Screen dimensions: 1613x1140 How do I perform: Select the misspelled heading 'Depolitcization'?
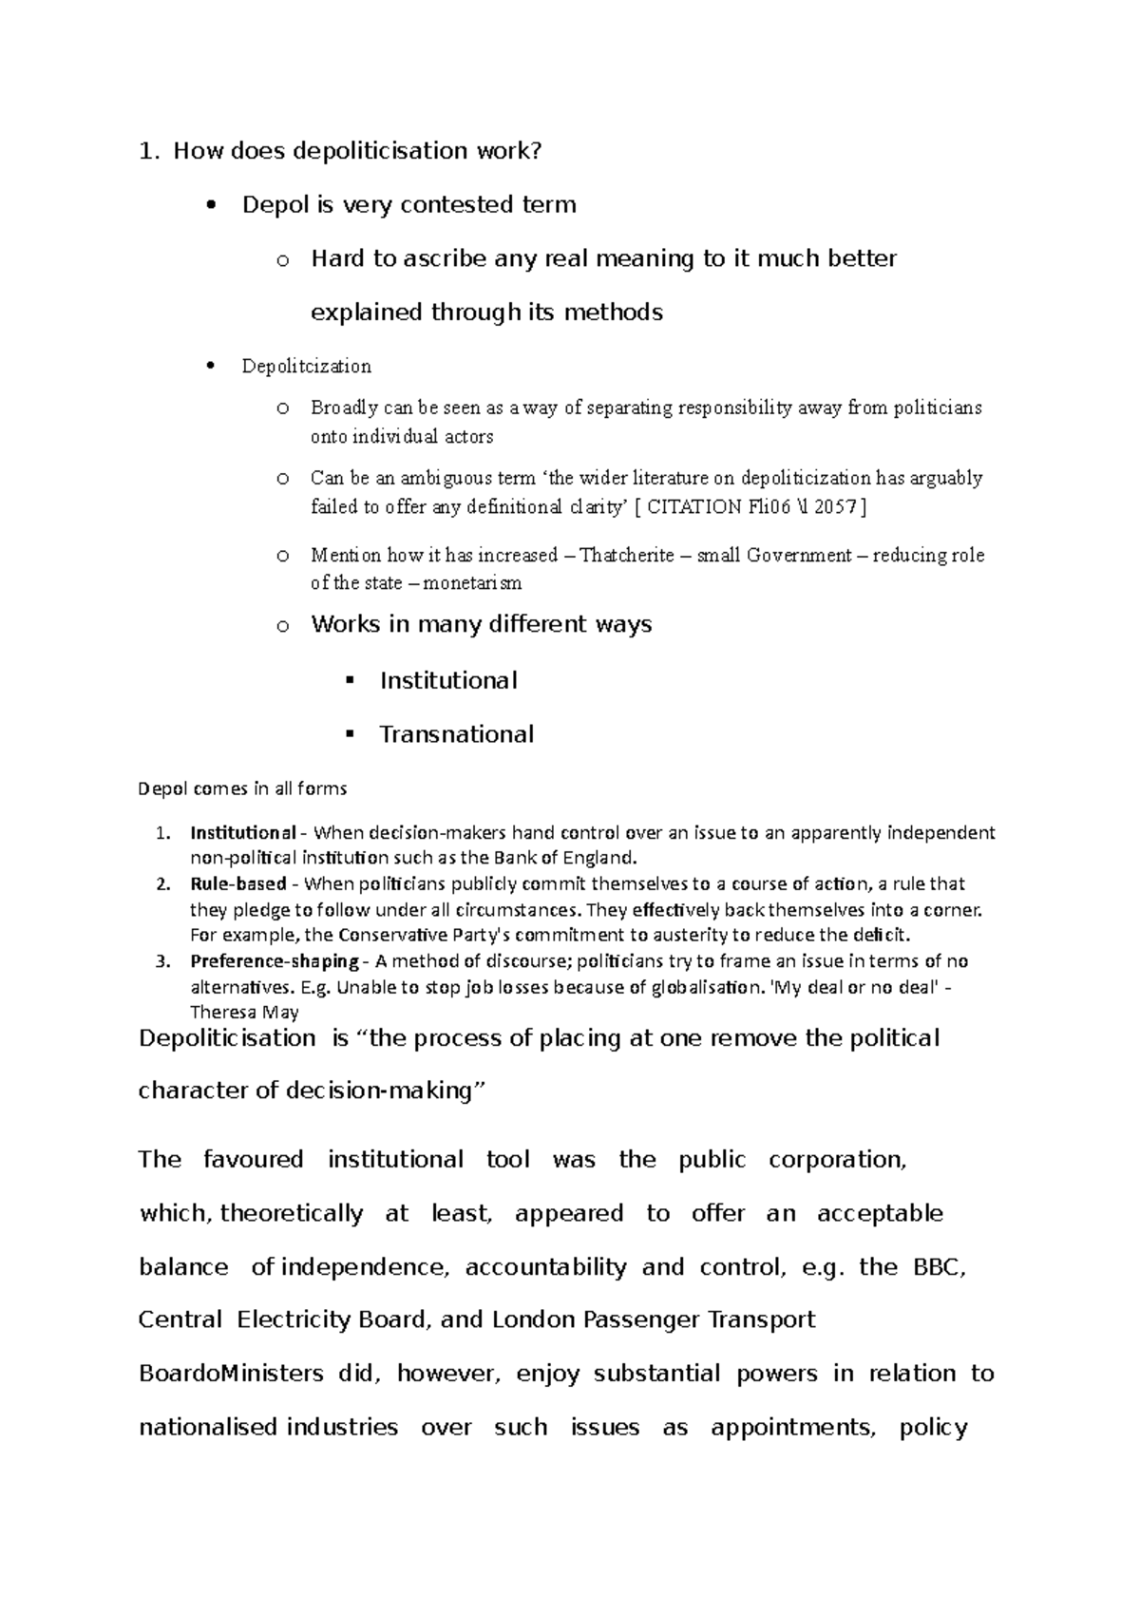point(306,367)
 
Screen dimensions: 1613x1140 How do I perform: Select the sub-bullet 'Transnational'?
point(456,734)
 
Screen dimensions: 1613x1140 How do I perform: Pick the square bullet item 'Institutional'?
point(448,681)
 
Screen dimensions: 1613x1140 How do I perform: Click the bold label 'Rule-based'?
point(238,884)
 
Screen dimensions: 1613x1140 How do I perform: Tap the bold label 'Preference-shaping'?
point(275,961)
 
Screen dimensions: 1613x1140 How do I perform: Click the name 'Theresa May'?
point(244,1013)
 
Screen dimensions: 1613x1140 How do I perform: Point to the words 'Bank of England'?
point(574,859)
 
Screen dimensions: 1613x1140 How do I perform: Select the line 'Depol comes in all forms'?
point(242,788)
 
